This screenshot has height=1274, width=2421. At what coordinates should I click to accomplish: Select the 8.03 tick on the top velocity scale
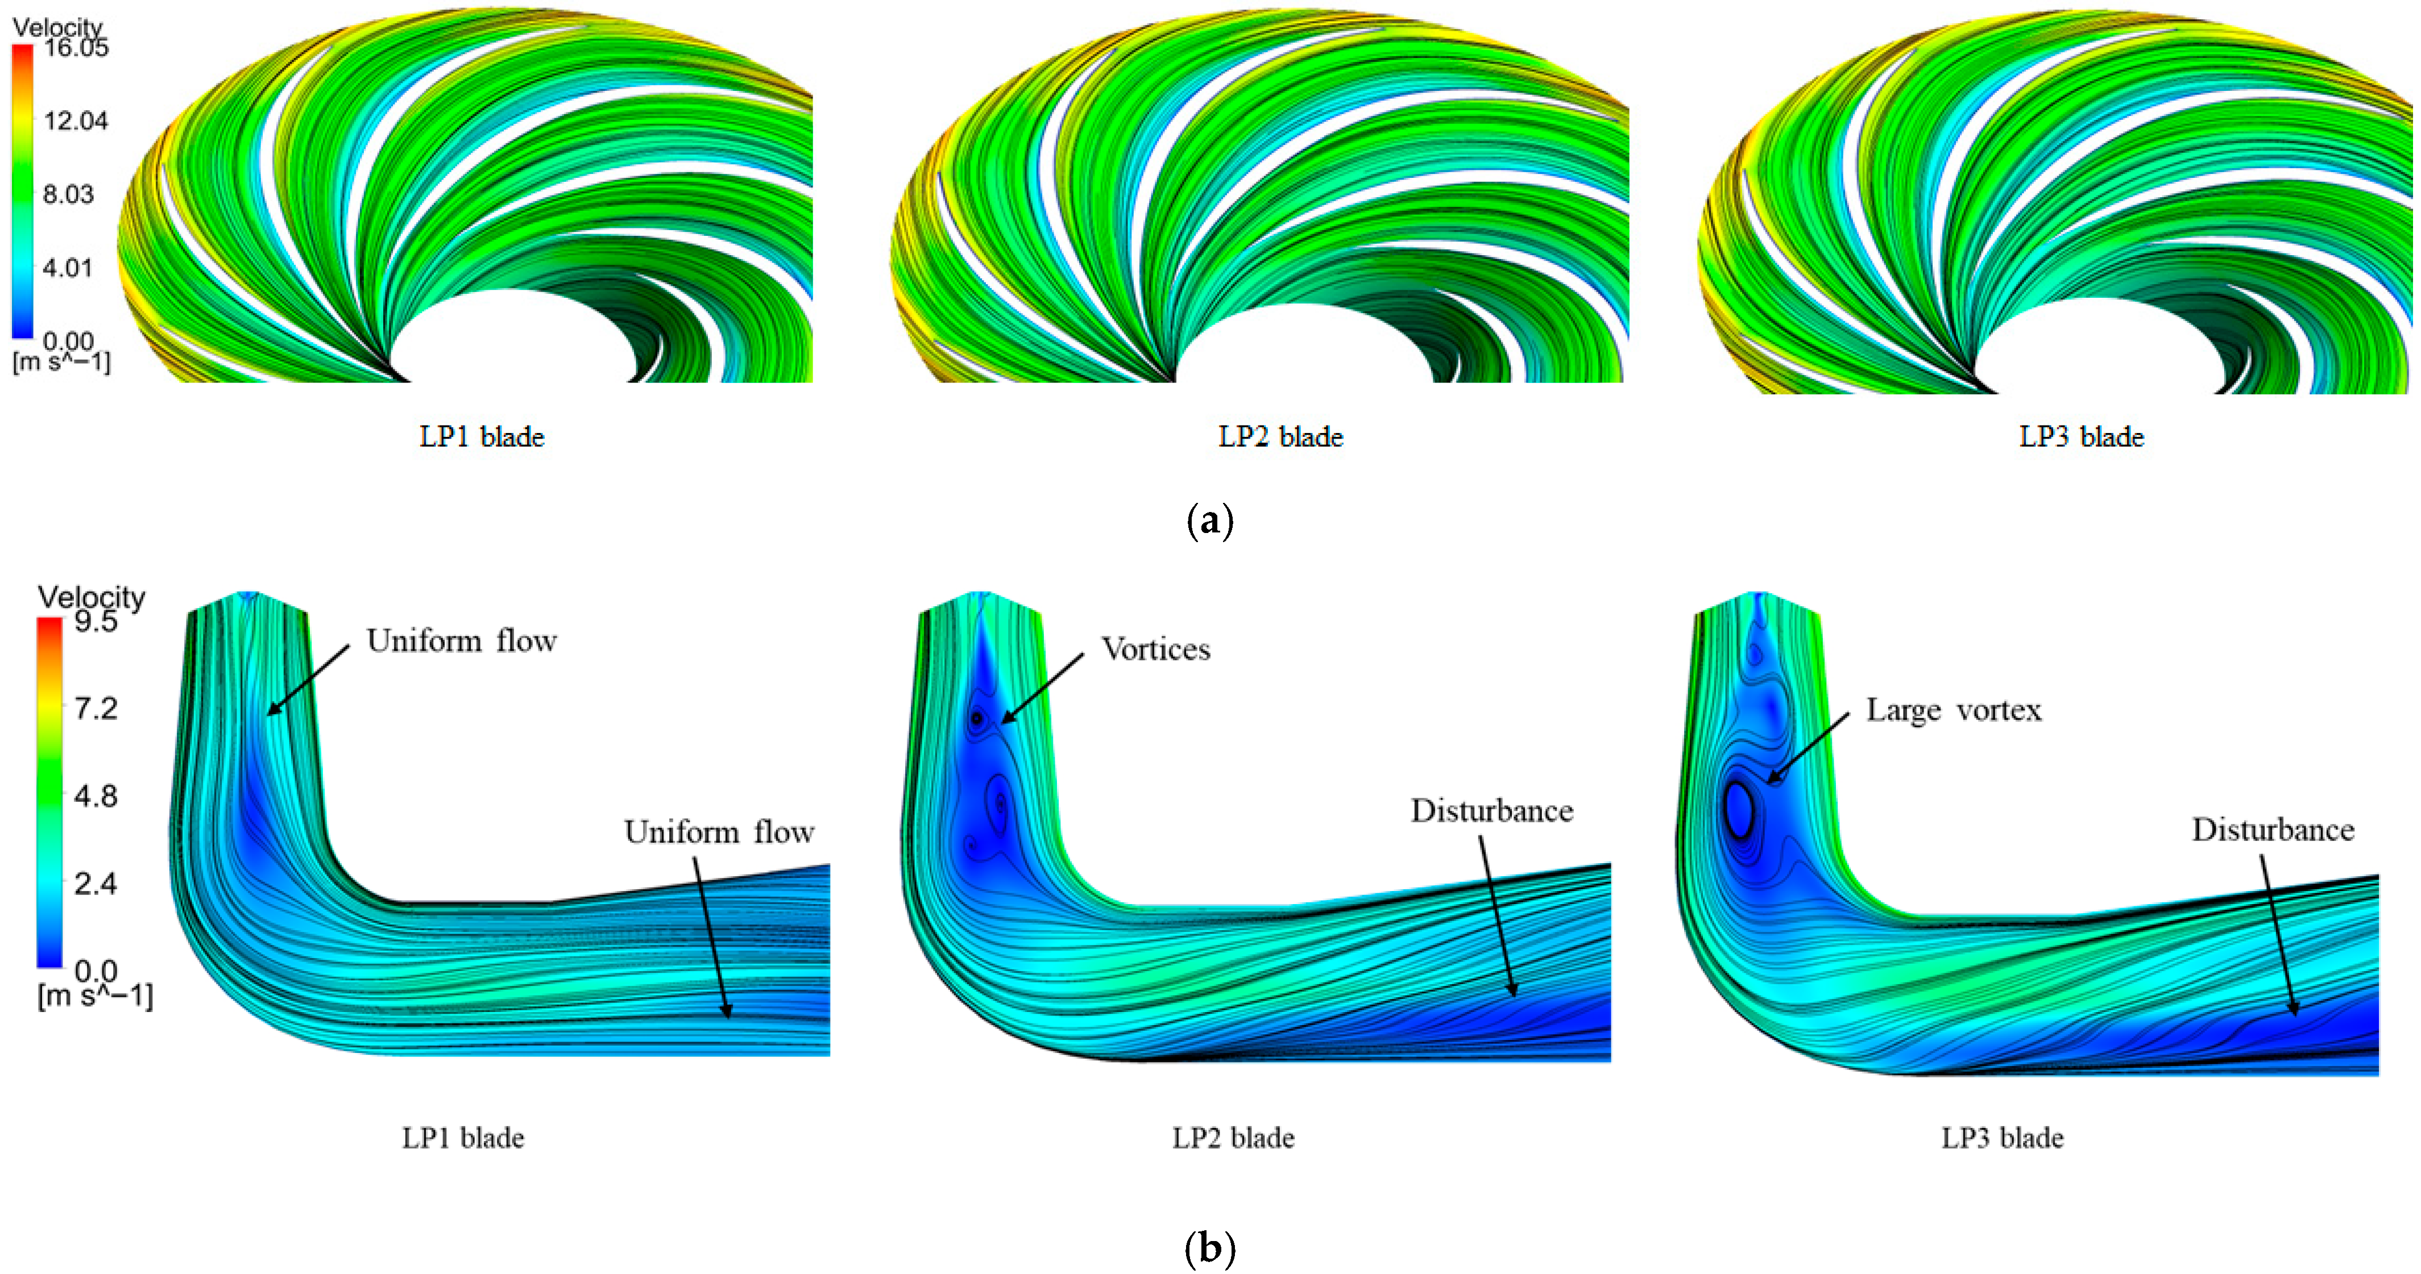pos(69,194)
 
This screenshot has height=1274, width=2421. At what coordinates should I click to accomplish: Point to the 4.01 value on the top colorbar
pos(69,268)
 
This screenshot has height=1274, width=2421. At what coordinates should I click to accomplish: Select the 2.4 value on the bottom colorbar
pos(96,883)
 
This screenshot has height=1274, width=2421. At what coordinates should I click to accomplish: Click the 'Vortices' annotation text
pos(1156,649)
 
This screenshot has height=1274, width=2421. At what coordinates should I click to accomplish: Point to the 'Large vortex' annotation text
pos(1954,710)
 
